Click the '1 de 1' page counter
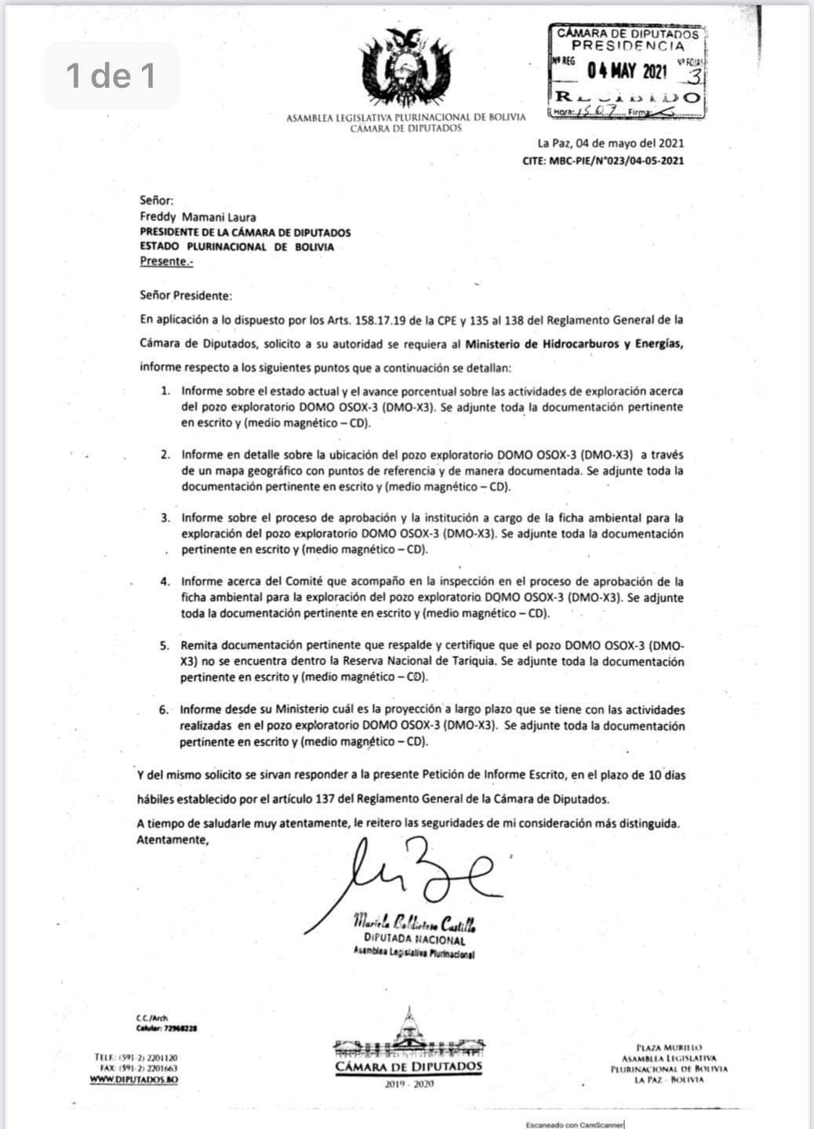click(111, 75)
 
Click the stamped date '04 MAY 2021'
click(627, 71)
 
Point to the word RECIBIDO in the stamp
click(627, 98)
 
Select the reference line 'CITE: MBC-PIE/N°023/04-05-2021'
click(602, 160)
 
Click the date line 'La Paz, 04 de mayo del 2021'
click(610, 143)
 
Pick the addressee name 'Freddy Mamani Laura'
click(198, 217)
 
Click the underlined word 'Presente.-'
click(166, 261)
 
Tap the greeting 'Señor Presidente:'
click(186, 296)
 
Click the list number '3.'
click(165, 518)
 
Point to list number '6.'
click(164, 710)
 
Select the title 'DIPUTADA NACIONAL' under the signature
click(414, 939)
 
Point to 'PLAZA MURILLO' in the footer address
click(669, 1047)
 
